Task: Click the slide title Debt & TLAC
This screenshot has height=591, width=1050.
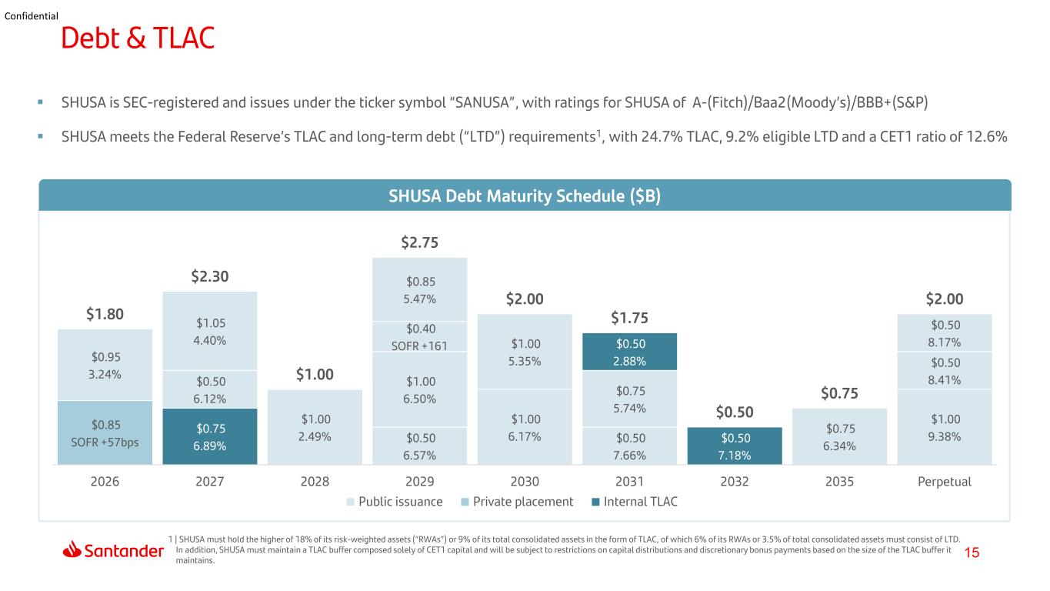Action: coord(138,38)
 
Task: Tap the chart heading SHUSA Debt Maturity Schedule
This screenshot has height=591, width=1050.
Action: coord(525,195)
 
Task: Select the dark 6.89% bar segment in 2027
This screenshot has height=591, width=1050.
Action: coord(210,436)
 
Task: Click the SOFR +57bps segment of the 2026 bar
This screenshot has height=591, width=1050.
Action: coord(105,432)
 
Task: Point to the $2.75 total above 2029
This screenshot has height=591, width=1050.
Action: coord(419,242)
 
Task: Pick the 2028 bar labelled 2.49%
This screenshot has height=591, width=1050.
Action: coord(315,427)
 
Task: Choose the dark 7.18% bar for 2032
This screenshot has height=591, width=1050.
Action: coord(735,446)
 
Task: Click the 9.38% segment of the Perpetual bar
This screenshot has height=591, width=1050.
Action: coord(945,427)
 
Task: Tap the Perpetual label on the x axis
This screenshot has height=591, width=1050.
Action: coord(945,482)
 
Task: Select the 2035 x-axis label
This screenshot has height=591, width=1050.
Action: coord(839,482)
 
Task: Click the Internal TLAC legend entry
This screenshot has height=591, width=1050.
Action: coord(635,502)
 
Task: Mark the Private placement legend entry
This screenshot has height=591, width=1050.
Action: coord(517,502)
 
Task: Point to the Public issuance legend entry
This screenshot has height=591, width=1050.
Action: coord(395,502)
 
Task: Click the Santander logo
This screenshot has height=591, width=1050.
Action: coord(113,549)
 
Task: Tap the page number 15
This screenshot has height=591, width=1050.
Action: coord(972,553)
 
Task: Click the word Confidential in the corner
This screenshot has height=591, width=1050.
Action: coord(31,16)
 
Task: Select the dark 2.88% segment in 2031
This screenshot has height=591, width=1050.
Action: coord(629,352)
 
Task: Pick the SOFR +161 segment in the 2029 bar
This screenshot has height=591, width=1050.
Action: coord(420,336)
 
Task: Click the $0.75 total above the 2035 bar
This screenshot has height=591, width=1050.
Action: coord(839,393)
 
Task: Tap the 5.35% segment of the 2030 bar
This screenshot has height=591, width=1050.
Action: coord(525,352)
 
